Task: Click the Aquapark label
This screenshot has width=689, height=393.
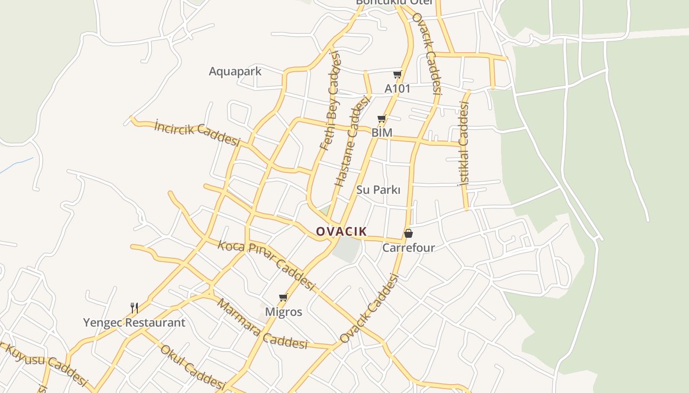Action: (x=235, y=71)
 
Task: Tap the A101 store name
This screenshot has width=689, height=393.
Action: (x=397, y=89)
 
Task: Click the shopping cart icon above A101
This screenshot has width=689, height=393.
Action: (x=397, y=75)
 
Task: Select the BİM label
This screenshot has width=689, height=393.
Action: (x=382, y=133)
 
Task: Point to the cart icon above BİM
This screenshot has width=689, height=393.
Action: (x=381, y=119)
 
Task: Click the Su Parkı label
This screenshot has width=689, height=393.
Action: (x=378, y=190)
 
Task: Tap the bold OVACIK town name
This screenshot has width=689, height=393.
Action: (x=342, y=231)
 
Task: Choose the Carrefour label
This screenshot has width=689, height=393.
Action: (x=408, y=248)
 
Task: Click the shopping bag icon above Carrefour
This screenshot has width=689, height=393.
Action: (x=408, y=233)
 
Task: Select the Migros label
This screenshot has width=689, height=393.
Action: (x=283, y=312)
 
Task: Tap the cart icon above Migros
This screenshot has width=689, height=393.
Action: (x=283, y=297)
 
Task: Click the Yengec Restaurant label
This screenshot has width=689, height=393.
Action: (x=134, y=323)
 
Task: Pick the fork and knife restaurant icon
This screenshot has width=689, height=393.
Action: (x=134, y=308)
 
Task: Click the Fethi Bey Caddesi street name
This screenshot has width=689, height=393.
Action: (x=330, y=101)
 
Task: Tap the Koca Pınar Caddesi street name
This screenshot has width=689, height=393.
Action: (x=266, y=265)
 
